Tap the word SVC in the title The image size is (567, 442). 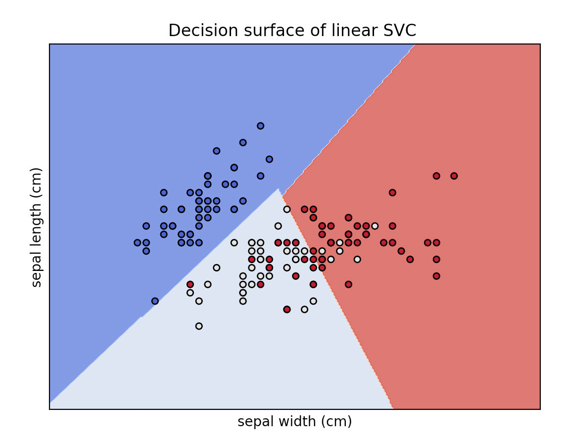(x=400, y=31)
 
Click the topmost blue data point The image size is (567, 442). (x=260, y=126)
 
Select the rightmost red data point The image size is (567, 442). (x=454, y=176)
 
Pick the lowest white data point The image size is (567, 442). (x=199, y=326)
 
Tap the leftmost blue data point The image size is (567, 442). (x=138, y=242)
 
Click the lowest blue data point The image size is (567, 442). (x=155, y=301)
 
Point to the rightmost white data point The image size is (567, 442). (x=375, y=226)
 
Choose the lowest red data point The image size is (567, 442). (x=287, y=309)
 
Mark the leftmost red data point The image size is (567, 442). (x=190, y=284)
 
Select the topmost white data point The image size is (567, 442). (x=287, y=209)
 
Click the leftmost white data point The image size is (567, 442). (x=190, y=293)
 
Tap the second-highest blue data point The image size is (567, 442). (x=243, y=142)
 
